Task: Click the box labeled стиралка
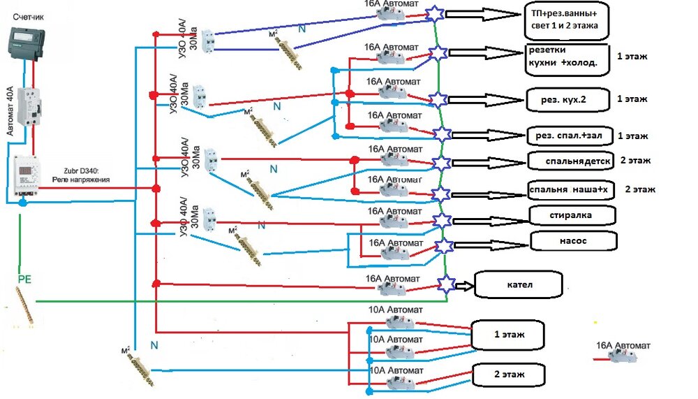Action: tap(573, 215)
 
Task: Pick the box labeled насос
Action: tap(574, 241)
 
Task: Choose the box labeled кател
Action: tap(519, 285)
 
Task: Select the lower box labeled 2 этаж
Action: tap(508, 375)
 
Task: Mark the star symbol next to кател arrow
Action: tap(446, 284)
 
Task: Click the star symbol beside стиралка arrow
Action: tap(443, 219)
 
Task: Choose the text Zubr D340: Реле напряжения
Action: tap(85, 175)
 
